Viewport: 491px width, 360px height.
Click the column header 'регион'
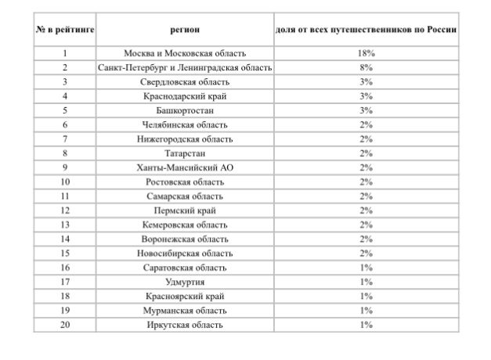[x=186, y=30]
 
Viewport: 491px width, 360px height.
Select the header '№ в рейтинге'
[x=65, y=30]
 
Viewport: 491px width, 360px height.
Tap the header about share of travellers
[x=366, y=30]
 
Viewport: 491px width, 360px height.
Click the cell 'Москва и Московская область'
[x=186, y=54]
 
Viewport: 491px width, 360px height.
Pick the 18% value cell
[x=366, y=54]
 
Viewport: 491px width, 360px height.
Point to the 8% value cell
[x=366, y=68]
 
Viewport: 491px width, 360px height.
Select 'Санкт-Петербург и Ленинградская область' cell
[x=186, y=68]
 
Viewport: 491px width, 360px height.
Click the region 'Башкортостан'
[x=186, y=110]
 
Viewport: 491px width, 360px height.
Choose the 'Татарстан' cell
[x=186, y=153]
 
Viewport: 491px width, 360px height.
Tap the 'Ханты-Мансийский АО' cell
[x=186, y=167]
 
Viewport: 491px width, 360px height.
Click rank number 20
[x=65, y=325]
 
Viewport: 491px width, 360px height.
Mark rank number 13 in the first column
[x=65, y=225]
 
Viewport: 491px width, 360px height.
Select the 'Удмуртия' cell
[x=186, y=282]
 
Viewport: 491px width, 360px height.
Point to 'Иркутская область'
[x=186, y=325]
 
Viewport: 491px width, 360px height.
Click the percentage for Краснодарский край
[x=366, y=96]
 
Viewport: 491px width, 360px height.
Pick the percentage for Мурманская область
[x=366, y=311]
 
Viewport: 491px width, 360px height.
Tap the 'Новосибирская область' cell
[x=186, y=254]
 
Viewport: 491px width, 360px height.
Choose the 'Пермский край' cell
[x=186, y=211]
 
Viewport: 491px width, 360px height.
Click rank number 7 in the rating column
[x=65, y=139]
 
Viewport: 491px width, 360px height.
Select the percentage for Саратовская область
[x=366, y=268]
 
